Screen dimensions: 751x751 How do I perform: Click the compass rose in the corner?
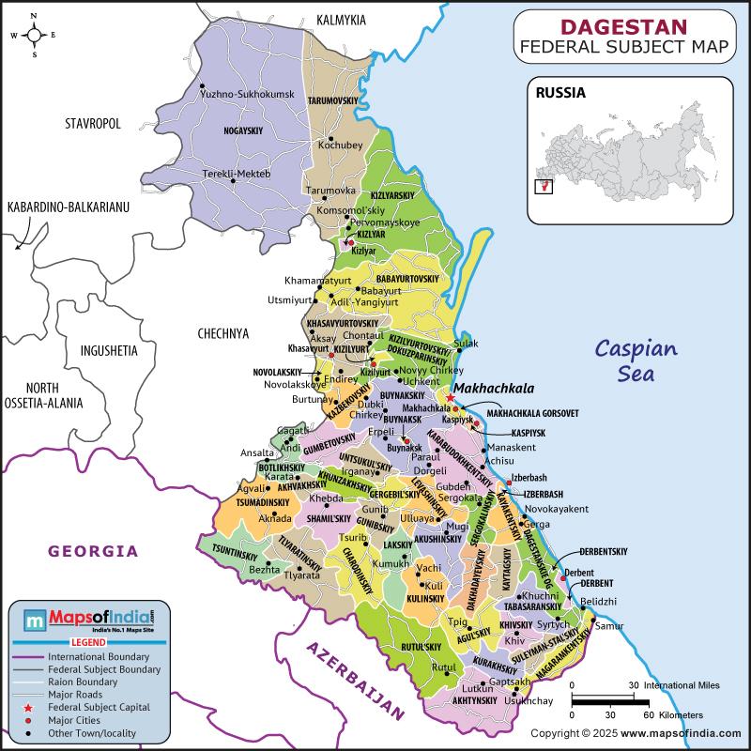[34, 36]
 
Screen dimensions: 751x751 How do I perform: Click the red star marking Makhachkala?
[451, 398]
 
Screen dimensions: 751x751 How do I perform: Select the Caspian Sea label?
[635, 360]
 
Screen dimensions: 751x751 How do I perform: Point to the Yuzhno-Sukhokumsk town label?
[247, 95]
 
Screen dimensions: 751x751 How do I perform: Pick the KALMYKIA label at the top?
[341, 20]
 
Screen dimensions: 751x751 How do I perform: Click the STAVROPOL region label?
[93, 124]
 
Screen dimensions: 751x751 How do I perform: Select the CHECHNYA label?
[223, 333]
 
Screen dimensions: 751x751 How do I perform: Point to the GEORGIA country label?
[93, 551]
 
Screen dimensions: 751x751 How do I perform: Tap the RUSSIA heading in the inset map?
[560, 93]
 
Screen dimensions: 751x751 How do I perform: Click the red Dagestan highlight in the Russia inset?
[542, 186]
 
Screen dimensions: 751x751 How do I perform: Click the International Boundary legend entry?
[100, 656]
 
